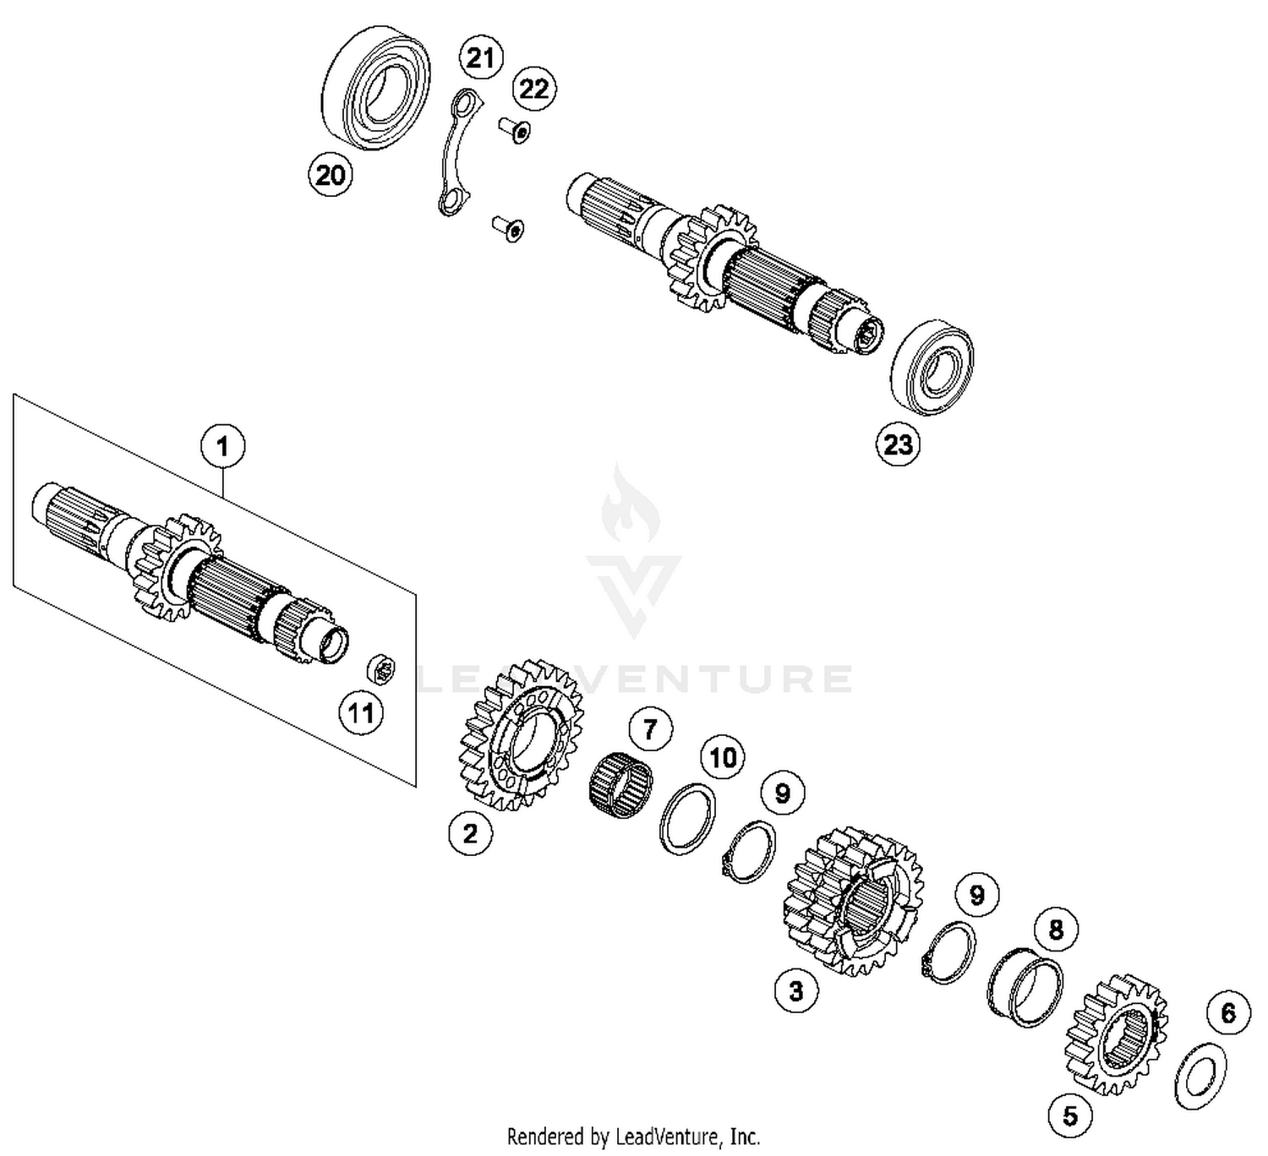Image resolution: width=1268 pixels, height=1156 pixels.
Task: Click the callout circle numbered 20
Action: [x=331, y=175]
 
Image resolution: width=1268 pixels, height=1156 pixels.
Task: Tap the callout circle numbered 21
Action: [x=480, y=58]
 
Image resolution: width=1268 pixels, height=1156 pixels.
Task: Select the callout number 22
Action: [x=533, y=88]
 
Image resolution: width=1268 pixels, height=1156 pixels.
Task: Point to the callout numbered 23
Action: [x=898, y=444]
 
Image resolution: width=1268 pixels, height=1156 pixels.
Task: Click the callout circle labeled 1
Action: [x=223, y=445]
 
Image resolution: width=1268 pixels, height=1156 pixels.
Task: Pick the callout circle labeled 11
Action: [x=361, y=712]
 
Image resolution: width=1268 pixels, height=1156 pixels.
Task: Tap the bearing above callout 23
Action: [x=932, y=367]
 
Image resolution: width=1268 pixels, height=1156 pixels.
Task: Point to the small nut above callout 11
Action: [x=381, y=670]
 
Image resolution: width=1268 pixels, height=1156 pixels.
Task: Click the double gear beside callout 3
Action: [x=854, y=902]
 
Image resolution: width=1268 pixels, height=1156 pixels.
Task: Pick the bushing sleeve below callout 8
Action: [x=1025, y=986]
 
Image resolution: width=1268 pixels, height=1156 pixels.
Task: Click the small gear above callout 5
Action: [x=1118, y=1035]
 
